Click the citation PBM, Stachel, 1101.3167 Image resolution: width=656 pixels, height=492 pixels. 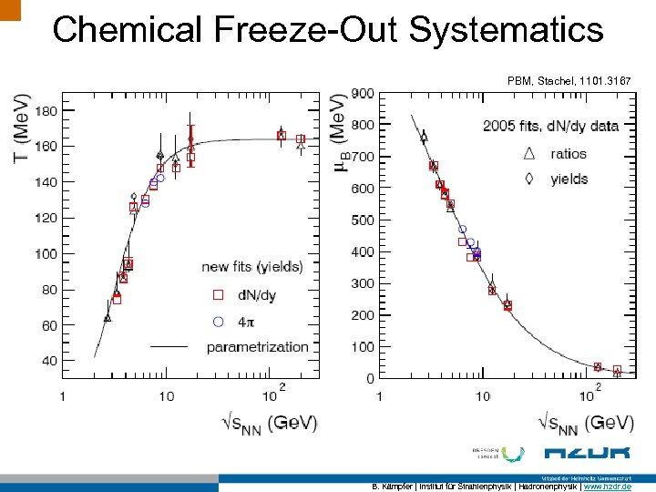pyautogui.click(x=569, y=81)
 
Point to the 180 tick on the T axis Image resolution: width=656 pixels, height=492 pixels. pyautogui.click(x=45, y=111)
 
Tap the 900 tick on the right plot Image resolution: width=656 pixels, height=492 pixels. pyautogui.click(x=362, y=93)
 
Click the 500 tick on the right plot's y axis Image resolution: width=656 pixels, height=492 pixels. pyautogui.click(x=362, y=220)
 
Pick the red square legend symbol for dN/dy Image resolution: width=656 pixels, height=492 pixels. pyautogui.click(x=218, y=294)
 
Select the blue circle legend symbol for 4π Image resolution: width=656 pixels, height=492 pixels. pyautogui.click(x=218, y=321)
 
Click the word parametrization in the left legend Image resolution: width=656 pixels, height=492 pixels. pyautogui.click(x=258, y=346)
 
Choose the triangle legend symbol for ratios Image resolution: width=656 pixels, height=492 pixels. pyautogui.click(x=528, y=153)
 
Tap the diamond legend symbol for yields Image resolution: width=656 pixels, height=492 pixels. pyautogui.click(x=528, y=179)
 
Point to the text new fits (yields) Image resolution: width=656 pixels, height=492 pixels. pyautogui.click(x=252, y=266)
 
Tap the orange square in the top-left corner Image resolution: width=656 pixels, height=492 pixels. pyautogui.click(x=10, y=9)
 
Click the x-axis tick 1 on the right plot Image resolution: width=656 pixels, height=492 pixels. pyautogui.click(x=379, y=395)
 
